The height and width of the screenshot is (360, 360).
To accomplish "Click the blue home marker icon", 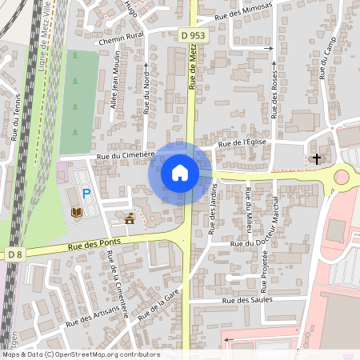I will pyautogui.click(x=180, y=173).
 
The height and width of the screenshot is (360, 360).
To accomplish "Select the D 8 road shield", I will pyautogui.click(x=15, y=254).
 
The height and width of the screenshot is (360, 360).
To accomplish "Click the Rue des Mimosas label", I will pyautogui.click(x=245, y=16).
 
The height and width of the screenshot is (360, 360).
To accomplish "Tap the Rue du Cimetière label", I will pyautogui.click(x=125, y=157).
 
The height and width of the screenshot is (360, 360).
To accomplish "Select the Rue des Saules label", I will pyautogui.click(x=248, y=300).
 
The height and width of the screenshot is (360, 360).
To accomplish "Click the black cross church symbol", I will pyautogui.click(x=316, y=158).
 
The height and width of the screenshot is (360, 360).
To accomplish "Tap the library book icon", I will pyautogui.click(x=78, y=212).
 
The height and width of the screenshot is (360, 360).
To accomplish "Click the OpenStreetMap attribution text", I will pyautogui.click(x=80, y=354).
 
